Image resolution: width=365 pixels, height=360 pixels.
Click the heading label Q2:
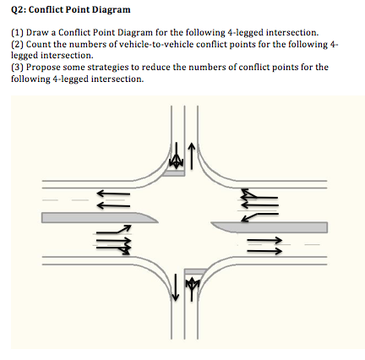[x=20, y=9]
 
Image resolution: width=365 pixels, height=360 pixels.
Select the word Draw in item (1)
[x=36, y=38]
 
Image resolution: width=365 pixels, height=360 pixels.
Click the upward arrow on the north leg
[x=193, y=155]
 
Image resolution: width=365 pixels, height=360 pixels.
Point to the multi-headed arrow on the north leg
[x=176, y=157]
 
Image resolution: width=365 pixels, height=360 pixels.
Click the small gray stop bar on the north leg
[x=175, y=172]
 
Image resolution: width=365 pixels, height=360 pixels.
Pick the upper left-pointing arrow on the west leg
[x=112, y=192]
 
